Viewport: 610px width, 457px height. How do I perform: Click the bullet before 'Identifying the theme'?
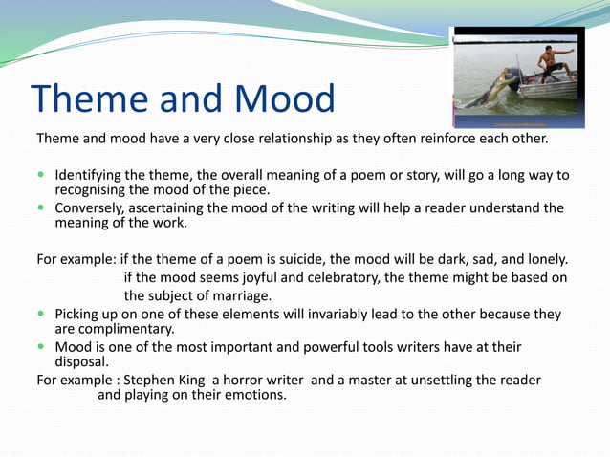[x=41, y=176]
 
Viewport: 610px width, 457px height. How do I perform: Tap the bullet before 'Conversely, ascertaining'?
[x=41, y=208]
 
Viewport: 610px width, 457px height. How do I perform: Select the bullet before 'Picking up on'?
[x=41, y=315]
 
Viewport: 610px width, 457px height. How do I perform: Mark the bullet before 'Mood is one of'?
[x=41, y=347]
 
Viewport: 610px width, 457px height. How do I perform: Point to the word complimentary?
[x=126, y=329]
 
